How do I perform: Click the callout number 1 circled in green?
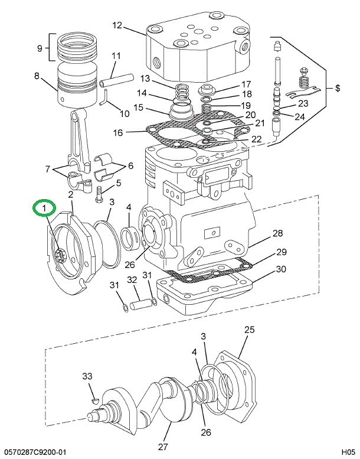(x=44, y=209)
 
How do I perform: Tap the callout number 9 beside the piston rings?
(x=40, y=48)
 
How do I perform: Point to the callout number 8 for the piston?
(x=37, y=76)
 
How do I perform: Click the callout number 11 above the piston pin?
(x=116, y=56)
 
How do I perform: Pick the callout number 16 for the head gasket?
(x=118, y=133)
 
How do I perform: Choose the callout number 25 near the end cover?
(x=249, y=330)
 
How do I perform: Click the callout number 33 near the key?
(x=87, y=376)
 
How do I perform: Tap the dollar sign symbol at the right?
(x=338, y=89)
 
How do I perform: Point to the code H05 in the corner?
(x=343, y=452)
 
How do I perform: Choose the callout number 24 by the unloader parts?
(x=300, y=116)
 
